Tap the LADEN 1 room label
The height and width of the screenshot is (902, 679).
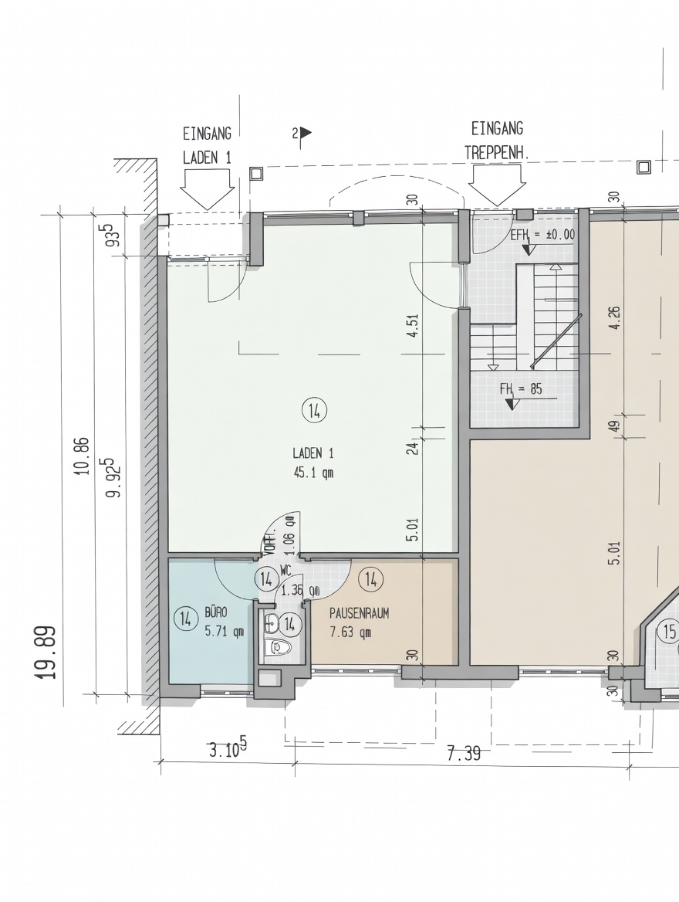pos(312,453)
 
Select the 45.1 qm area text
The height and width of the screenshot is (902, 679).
pos(313,473)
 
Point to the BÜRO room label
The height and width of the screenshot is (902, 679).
pos(216,612)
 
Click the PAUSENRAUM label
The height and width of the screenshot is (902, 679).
pos(359,613)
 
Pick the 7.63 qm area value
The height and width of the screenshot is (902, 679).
pos(350,632)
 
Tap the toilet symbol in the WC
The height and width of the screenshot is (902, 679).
pos(279,646)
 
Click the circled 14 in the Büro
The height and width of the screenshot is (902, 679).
pos(185,619)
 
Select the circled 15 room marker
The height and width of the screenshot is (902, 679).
pos(669,632)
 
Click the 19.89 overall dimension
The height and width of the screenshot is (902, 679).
pos(46,653)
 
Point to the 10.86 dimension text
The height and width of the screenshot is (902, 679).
pos(83,456)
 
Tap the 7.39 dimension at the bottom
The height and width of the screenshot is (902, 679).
pos(464,753)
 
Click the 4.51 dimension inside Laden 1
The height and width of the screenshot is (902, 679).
pos(412,325)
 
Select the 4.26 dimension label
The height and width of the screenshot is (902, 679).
pos(614,317)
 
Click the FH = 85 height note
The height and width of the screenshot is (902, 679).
pos(521,389)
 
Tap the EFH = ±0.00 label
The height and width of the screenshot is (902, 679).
pos(542,234)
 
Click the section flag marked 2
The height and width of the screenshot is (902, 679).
pos(302,134)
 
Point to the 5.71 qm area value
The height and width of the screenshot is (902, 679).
pos(225,631)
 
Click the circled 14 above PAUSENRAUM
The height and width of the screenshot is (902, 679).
pos(371,579)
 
